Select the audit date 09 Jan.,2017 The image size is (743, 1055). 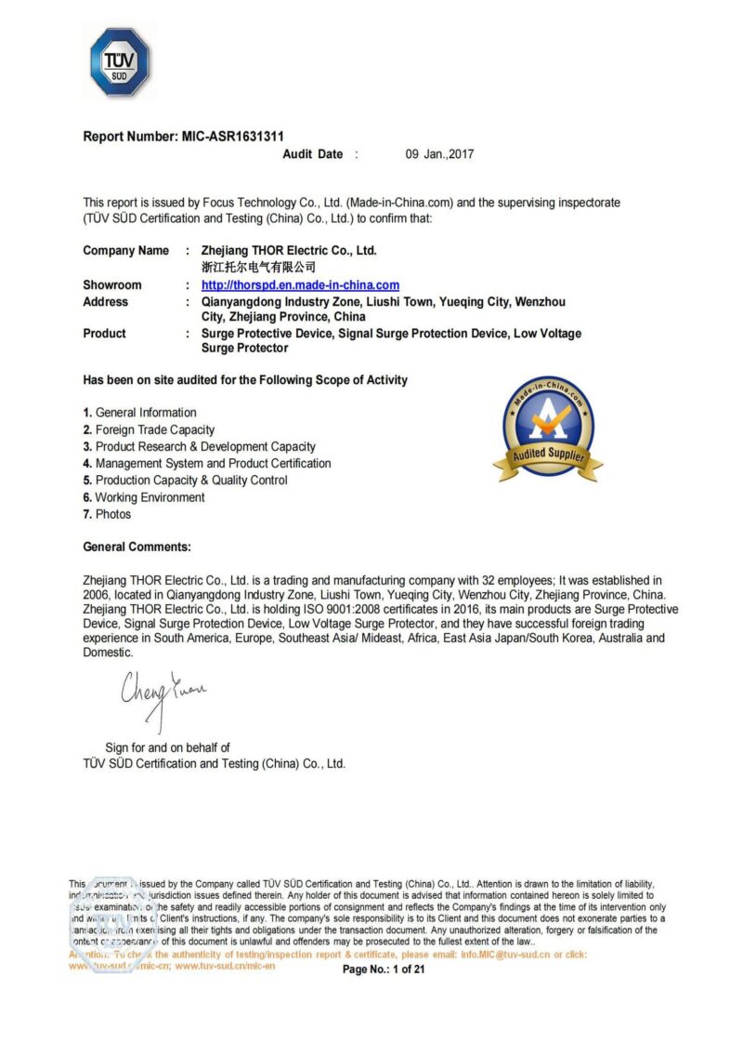click(x=439, y=154)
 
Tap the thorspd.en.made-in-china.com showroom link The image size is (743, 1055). click(x=300, y=285)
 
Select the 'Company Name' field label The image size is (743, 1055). click(x=126, y=251)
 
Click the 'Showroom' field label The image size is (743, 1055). click(x=112, y=285)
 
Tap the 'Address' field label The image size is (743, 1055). click(x=106, y=302)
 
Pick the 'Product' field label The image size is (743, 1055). click(x=104, y=334)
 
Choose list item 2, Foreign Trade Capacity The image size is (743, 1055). click(x=149, y=429)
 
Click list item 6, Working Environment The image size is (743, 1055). click(x=144, y=497)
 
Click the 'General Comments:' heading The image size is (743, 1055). click(x=137, y=547)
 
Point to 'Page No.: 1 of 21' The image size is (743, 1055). click(x=384, y=969)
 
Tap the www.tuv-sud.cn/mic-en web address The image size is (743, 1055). click(x=225, y=967)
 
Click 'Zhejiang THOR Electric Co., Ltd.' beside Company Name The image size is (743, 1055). click(x=289, y=251)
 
